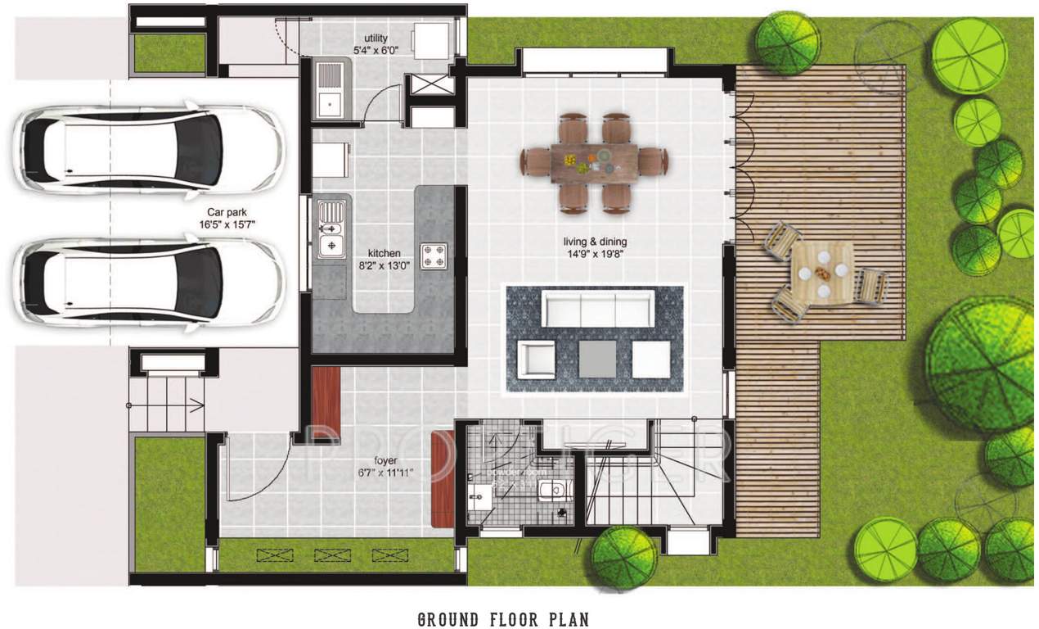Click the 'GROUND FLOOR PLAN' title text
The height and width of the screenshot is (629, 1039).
pyautogui.click(x=502, y=618)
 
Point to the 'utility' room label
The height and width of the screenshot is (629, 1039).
pyautogui.click(x=376, y=38)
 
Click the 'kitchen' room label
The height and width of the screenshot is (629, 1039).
pyautogui.click(x=384, y=253)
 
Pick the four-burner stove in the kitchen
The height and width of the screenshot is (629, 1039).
pyautogui.click(x=433, y=256)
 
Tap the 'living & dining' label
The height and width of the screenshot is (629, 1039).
pyautogui.click(x=595, y=242)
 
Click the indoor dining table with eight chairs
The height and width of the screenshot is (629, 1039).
pyautogui.click(x=595, y=163)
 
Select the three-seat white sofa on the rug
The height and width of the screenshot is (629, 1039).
pyautogui.click(x=596, y=310)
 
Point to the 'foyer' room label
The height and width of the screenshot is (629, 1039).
pyautogui.click(x=384, y=461)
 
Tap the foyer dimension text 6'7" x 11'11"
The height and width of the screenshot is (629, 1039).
pyautogui.click(x=385, y=473)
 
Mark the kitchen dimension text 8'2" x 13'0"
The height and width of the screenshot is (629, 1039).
pyautogui.click(x=384, y=265)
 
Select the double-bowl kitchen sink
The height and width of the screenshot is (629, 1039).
pyautogui.click(x=331, y=231)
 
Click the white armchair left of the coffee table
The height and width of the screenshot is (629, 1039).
pyautogui.click(x=536, y=358)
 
